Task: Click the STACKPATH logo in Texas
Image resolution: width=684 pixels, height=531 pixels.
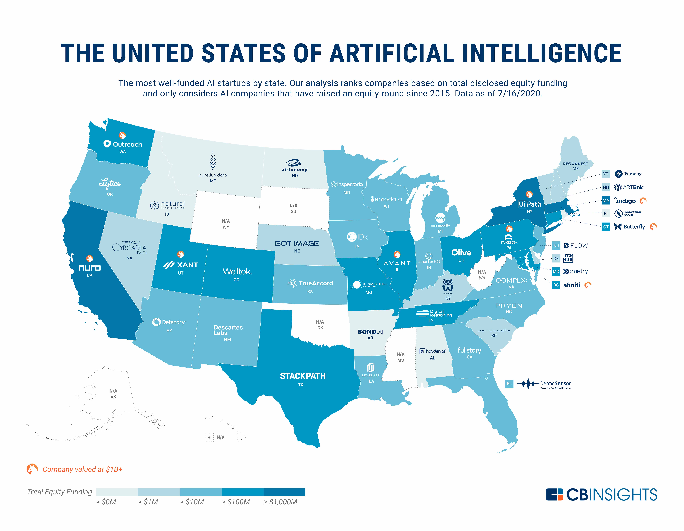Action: click(303, 376)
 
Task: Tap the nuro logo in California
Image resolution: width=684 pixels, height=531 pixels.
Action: click(90, 268)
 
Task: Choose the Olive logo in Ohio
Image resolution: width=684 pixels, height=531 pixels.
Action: click(461, 253)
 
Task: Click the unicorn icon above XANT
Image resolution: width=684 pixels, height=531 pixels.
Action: click(180, 254)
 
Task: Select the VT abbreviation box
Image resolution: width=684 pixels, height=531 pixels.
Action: click(606, 174)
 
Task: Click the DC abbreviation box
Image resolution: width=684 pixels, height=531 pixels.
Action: click(556, 285)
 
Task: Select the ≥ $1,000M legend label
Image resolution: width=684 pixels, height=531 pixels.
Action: click(280, 502)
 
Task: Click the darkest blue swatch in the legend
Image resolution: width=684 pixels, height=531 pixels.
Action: click(284, 492)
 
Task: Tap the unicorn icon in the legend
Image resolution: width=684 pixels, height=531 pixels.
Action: click(32, 469)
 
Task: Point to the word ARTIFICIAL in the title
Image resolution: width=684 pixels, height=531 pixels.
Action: click(392, 53)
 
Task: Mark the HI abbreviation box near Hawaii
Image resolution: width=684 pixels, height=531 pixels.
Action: click(209, 438)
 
